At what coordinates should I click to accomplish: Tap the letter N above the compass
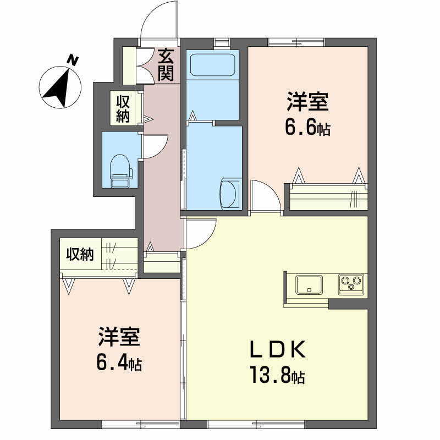71,59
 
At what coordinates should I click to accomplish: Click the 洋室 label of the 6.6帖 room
307,103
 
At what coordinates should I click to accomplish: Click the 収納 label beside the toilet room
122,108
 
